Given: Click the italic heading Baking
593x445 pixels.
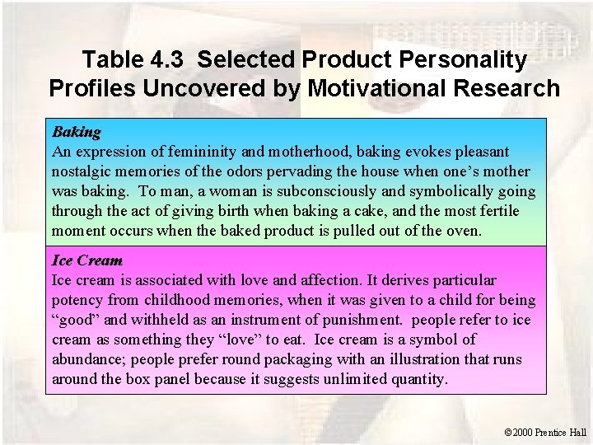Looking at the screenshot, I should coord(77,132).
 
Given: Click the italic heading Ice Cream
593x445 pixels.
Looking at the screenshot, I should coord(86,260).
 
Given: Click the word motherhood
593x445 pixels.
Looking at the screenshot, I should coord(323,152).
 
